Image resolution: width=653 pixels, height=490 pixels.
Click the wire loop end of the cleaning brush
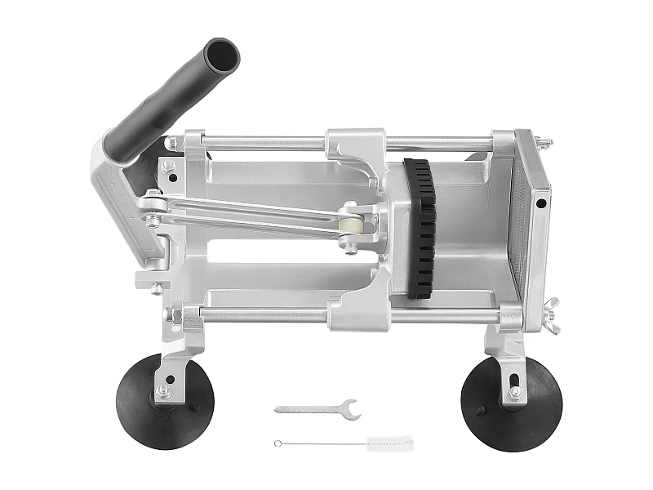(278, 443)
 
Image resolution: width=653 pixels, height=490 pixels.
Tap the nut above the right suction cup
(515, 393)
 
